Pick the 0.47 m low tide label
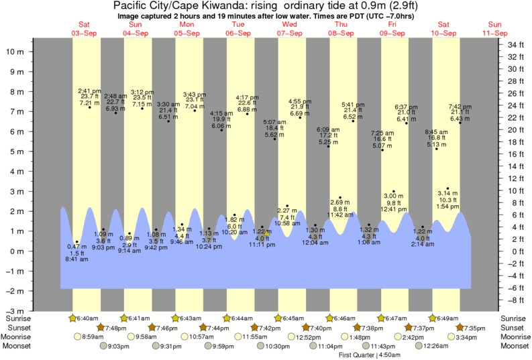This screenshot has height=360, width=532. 76,246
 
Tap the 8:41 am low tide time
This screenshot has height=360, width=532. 76,259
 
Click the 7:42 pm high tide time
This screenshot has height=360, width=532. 461,106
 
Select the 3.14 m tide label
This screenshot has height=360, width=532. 447,193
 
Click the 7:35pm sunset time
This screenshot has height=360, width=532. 474,327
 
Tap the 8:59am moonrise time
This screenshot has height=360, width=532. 93,337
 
